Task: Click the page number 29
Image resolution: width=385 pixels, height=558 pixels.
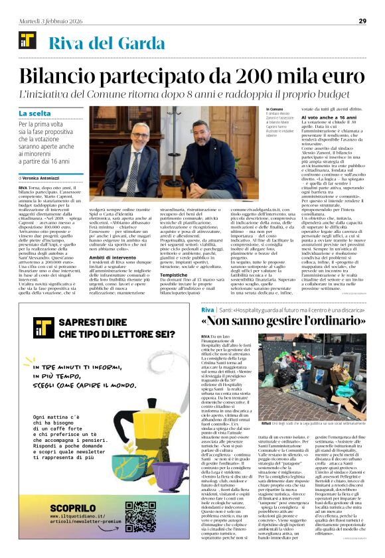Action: pos(362,21)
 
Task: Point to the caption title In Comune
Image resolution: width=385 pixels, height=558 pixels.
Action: pos(274,109)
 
